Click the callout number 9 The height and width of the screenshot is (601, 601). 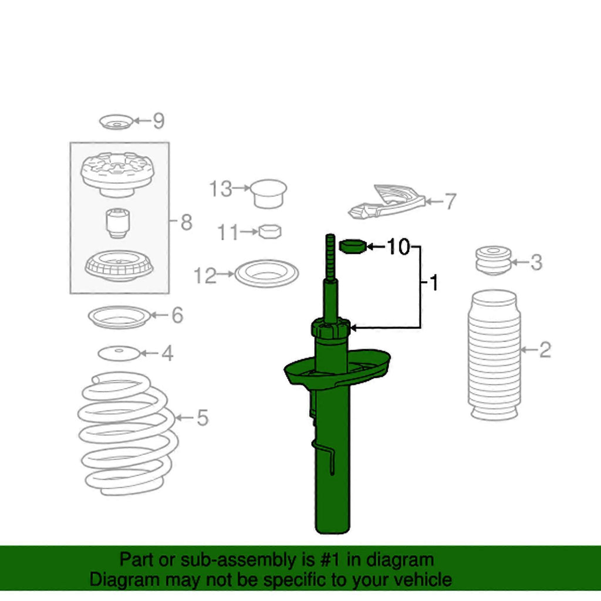click(x=158, y=121)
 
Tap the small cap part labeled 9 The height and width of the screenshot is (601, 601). click(x=116, y=122)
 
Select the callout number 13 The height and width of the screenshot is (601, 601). click(x=221, y=189)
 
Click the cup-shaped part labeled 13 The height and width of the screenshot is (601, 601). click(x=268, y=194)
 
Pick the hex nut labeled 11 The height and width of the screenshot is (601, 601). click(x=270, y=231)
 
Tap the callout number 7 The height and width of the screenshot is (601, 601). click(x=450, y=201)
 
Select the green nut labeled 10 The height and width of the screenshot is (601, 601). click(x=353, y=246)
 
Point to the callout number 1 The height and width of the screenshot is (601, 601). click(x=434, y=283)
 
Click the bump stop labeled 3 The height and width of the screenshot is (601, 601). click(x=493, y=260)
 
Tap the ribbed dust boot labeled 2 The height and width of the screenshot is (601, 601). click(x=494, y=355)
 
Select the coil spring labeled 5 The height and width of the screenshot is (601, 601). click(x=127, y=433)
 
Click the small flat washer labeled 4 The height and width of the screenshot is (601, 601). click(x=119, y=353)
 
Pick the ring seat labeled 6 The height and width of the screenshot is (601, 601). click(x=119, y=318)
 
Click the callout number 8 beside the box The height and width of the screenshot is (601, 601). click(x=186, y=222)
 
